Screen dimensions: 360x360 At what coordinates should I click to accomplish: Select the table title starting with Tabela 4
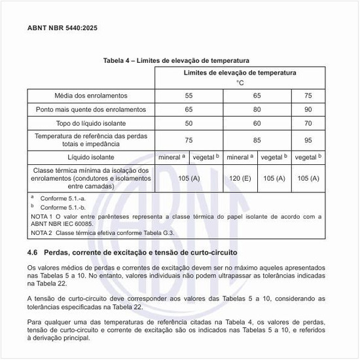coord(176,60)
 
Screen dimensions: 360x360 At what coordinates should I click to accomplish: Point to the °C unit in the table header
coord(240,83)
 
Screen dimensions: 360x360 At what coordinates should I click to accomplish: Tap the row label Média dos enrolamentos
coord(92,96)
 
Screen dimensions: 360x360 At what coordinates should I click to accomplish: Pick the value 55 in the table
coord(189,96)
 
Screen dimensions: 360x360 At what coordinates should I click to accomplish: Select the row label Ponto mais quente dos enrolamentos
coord(92,109)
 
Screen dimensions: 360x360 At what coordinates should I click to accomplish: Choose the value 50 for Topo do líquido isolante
coord(189,123)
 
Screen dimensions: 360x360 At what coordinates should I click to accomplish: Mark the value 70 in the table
coord(308,123)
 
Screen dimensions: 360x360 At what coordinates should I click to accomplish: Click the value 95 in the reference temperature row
coord(308,140)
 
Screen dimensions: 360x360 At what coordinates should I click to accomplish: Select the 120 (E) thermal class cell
coord(240,178)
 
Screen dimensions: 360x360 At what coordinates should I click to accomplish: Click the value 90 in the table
coord(308,109)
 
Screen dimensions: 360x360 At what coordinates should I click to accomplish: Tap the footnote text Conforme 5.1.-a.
coord(61,198)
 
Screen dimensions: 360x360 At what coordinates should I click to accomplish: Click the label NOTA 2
coord(41,232)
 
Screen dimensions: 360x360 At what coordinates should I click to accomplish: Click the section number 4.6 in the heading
coord(33,252)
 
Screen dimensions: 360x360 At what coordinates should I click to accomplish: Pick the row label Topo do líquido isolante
coord(92,123)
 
